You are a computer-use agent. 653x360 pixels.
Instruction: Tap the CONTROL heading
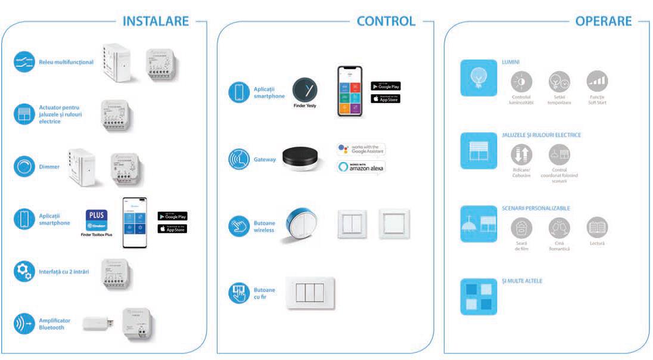[385, 21]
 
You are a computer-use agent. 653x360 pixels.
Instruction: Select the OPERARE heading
[603, 21]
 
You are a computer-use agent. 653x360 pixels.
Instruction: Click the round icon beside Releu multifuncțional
[24, 62]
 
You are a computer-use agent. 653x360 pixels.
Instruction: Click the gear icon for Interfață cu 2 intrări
[24, 272]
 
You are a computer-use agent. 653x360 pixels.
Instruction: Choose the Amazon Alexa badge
[361, 167]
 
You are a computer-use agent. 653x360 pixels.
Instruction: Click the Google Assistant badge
[361, 150]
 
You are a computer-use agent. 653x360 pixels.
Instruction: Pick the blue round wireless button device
[297, 225]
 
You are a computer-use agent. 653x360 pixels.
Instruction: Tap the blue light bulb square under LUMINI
[478, 77]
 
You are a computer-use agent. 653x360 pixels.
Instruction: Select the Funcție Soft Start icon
[596, 82]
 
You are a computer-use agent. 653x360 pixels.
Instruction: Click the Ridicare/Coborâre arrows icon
[522, 155]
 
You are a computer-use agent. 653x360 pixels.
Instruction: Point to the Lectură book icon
[596, 227]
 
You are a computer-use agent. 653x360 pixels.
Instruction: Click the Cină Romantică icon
[559, 227]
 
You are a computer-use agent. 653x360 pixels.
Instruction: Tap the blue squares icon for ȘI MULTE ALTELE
[478, 296]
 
